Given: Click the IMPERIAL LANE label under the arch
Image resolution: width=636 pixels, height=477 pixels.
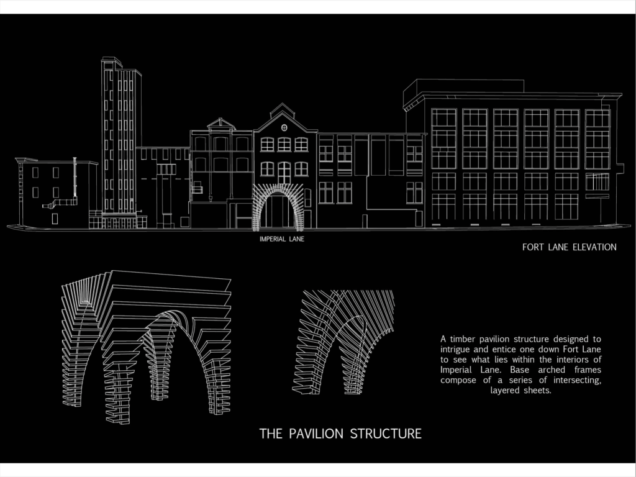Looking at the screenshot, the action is pos(282,239).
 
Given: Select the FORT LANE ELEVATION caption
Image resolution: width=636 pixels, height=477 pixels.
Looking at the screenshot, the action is pos(570,247).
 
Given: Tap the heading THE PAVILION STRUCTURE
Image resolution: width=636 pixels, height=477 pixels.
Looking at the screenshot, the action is pos(340,434).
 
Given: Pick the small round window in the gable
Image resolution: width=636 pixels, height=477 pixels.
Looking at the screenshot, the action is pos(284,128).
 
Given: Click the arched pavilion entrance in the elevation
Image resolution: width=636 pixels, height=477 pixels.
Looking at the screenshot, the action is pos(278,207).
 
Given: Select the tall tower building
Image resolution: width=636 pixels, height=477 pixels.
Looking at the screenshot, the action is pos(121,142).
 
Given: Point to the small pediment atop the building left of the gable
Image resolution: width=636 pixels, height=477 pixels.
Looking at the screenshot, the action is pos(221,124).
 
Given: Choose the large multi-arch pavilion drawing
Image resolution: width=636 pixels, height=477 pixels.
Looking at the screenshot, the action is pos(147,347).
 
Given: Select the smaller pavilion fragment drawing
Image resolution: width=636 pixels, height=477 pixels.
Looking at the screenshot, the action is pos(343,342).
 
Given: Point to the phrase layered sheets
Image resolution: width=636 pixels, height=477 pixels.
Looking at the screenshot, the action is pos(520,390).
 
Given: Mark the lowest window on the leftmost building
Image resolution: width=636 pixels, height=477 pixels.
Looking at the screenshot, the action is pos(55,219).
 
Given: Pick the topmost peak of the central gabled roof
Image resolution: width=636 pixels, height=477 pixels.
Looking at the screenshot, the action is pos(283,104).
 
